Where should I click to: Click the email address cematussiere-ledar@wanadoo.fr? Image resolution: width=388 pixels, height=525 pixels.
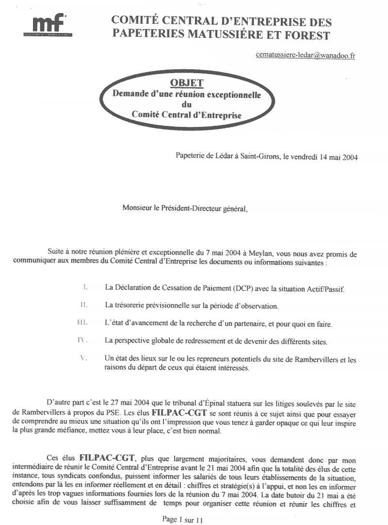click(x=305, y=55)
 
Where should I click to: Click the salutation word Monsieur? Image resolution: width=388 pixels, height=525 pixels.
click(x=137, y=209)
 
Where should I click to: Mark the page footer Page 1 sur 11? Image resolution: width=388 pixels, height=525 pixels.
click(x=182, y=520)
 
